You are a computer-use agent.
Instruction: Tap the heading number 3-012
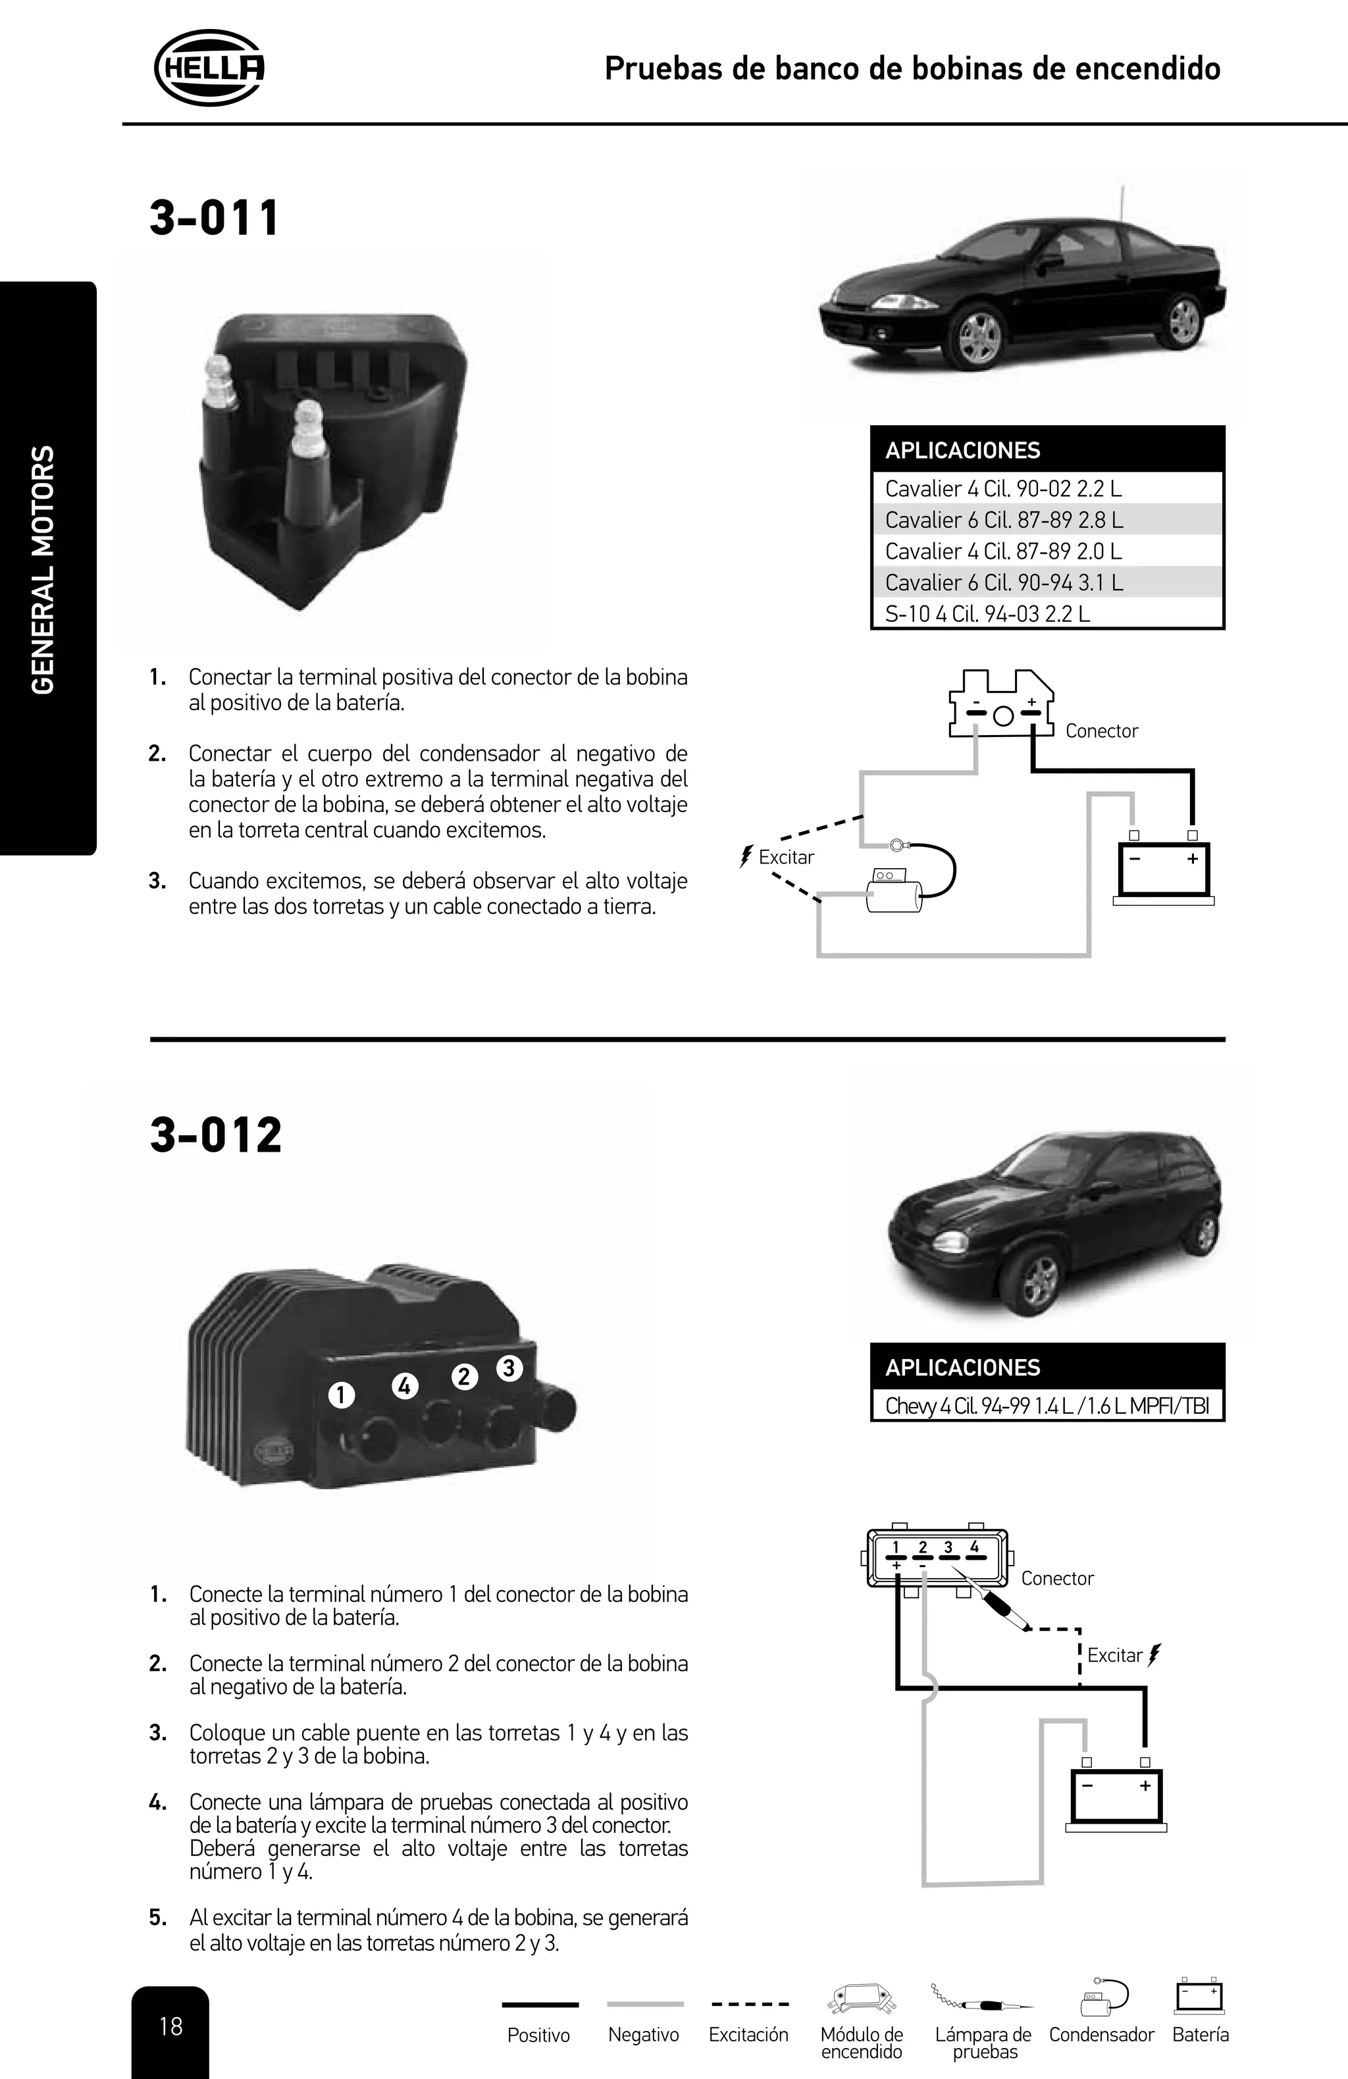(x=216, y=1135)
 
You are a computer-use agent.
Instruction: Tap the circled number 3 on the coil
(x=509, y=1367)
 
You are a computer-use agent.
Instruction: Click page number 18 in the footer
(x=170, y=2026)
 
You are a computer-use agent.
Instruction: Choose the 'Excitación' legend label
(x=748, y=2034)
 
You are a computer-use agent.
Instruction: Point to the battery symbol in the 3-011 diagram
(x=1164, y=872)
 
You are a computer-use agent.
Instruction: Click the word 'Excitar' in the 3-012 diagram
(x=1115, y=1655)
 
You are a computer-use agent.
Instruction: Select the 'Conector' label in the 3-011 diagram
(x=1102, y=731)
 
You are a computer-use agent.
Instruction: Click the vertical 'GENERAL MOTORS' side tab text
(x=43, y=569)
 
